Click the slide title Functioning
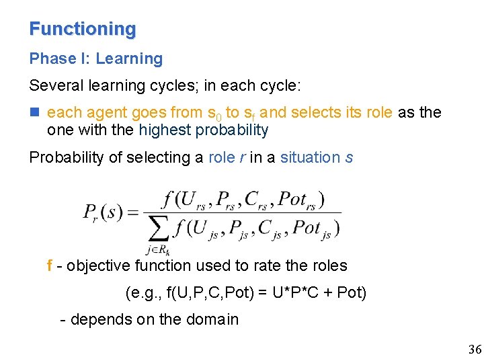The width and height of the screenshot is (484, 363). (x=83, y=30)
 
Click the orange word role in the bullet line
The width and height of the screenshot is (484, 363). (x=379, y=112)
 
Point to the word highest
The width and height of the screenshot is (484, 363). (x=165, y=130)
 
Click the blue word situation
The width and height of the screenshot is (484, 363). (x=310, y=158)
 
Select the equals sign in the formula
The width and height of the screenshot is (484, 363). (x=132, y=212)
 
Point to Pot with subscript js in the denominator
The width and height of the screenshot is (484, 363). (x=311, y=229)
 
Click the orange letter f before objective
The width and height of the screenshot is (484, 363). (x=50, y=266)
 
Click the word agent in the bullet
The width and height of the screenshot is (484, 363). (x=104, y=113)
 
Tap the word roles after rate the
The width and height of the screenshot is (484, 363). (x=328, y=266)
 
